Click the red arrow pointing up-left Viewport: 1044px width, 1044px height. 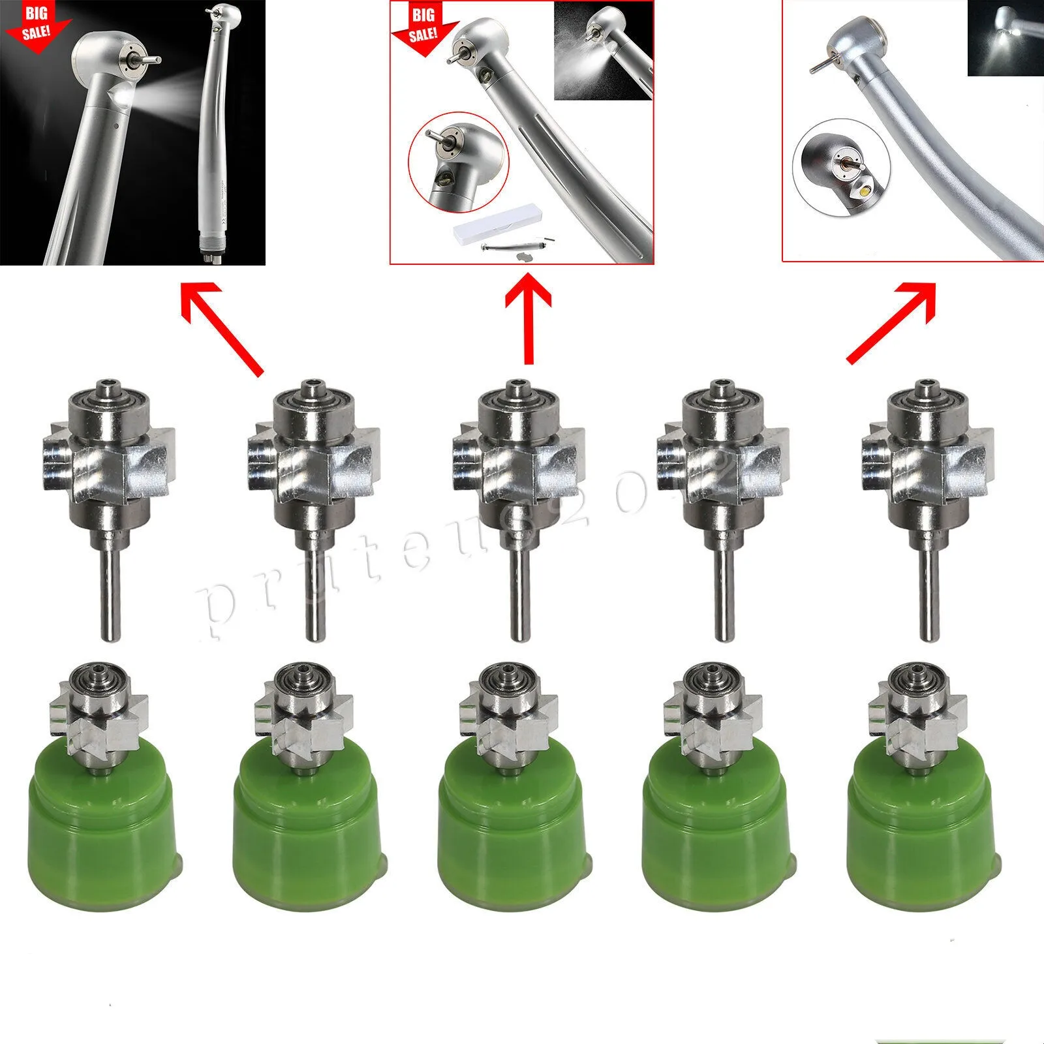point(222,330)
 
